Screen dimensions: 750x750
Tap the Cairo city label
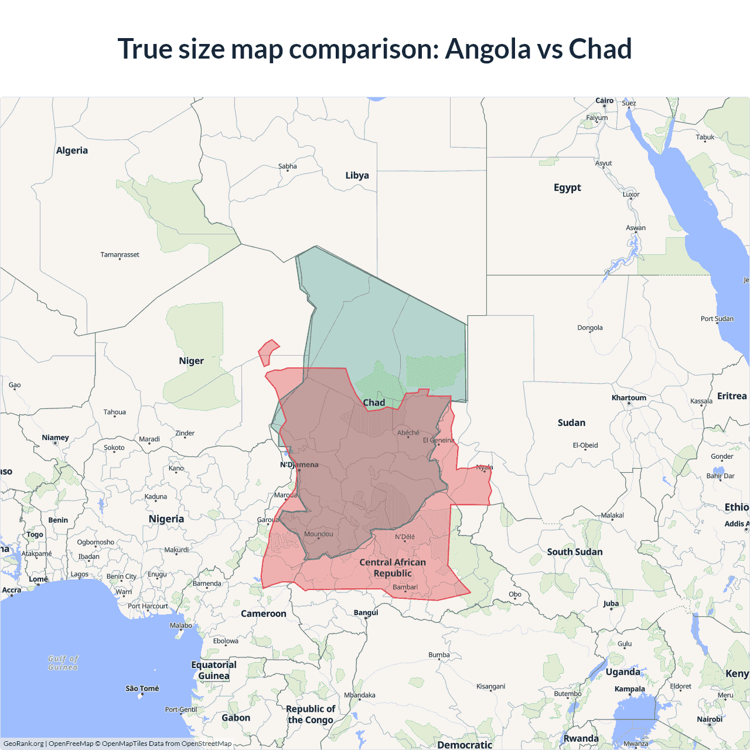click(604, 101)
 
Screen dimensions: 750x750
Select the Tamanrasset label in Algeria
click(120, 254)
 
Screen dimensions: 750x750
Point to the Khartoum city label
click(629, 398)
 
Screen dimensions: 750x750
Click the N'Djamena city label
click(299, 465)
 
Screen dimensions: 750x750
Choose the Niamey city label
click(55, 438)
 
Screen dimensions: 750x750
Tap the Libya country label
click(357, 175)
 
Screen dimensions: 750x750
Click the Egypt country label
click(567, 187)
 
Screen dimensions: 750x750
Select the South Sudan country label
click(574, 552)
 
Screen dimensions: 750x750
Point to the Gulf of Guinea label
click(63, 663)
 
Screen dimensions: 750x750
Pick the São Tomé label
click(142, 688)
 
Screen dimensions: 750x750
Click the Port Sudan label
click(717, 319)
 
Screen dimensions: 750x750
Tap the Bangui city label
click(366, 612)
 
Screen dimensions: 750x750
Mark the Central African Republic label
click(393, 567)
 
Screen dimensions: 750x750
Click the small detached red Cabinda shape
click(268, 352)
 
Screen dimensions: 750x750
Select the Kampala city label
click(629, 689)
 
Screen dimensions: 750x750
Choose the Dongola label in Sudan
click(589, 328)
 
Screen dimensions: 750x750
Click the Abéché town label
click(408, 433)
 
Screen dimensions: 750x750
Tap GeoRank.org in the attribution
click(23, 744)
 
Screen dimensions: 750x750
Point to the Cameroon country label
click(263, 613)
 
